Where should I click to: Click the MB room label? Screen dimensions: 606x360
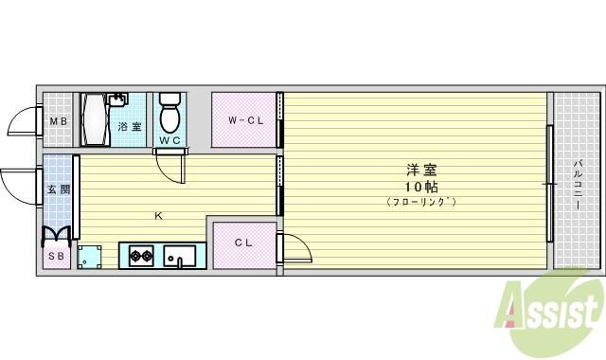pyautogui.click(x=59, y=121)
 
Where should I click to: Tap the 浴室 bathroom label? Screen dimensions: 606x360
pyautogui.click(x=130, y=126)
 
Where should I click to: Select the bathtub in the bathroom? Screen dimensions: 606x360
pyautogui.click(x=95, y=119)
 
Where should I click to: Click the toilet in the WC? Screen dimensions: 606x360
pyautogui.click(x=170, y=112)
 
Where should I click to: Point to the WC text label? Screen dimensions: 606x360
pyautogui.click(x=170, y=140)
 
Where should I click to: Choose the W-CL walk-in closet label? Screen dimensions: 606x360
pyautogui.click(x=245, y=120)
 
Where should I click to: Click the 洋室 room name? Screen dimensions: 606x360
pyautogui.click(x=421, y=171)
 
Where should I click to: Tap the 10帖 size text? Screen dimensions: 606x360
pyautogui.click(x=421, y=187)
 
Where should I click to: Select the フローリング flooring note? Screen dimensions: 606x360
pyautogui.click(x=421, y=202)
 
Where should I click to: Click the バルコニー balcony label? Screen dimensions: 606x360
pyautogui.click(x=578, y=185)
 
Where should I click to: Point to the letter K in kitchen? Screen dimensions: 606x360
pyautogui.click(x=158, y=216)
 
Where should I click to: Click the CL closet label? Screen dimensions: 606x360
pyautogui.click(x=243, y=243)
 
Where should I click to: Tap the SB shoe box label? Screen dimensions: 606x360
pyautogui.click(x=56, y=256)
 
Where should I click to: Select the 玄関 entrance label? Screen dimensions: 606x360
pyautogui.click(x=59, y=189)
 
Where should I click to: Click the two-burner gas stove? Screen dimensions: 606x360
pyautogui.click(x=141, y=256)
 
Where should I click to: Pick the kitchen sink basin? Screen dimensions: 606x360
pyautogui.click(x=180, y=256)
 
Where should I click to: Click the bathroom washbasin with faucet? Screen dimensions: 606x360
pyautogui.click(x=117, y=99)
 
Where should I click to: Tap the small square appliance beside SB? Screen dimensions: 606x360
pyautogui.click(x=89, y=257)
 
